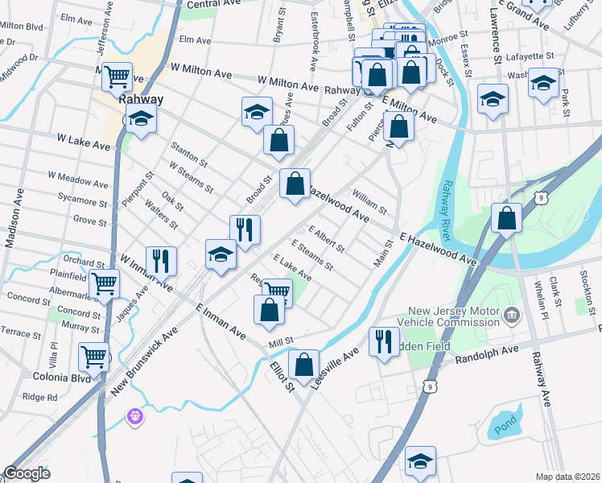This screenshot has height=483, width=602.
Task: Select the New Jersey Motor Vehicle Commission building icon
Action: (x=511, y=316)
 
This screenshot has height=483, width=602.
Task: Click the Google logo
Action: (x=27, y=473)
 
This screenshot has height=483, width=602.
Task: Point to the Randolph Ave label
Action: (x=488, y=351)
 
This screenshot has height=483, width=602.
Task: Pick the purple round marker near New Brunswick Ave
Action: (x=134, y=415)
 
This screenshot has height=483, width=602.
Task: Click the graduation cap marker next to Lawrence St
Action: (x=493, y=100)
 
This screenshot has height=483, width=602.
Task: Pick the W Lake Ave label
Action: (x=83, y=142)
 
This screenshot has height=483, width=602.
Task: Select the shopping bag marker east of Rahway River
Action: (x=506, y=217)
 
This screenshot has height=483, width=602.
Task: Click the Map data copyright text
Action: (x=567, y=477)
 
